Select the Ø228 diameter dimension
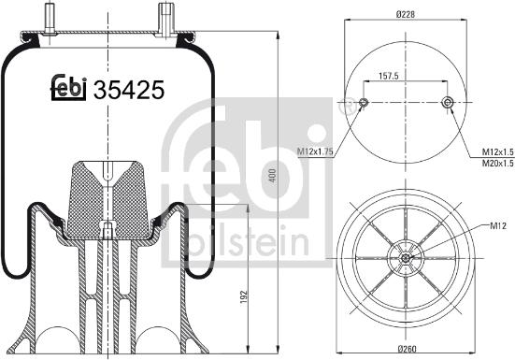(405, 14)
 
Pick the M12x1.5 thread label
(496, 152)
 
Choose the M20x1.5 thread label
(496, 164)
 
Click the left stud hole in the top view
(365, 102)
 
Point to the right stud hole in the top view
(447, 102)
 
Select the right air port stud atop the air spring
(166, 17)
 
